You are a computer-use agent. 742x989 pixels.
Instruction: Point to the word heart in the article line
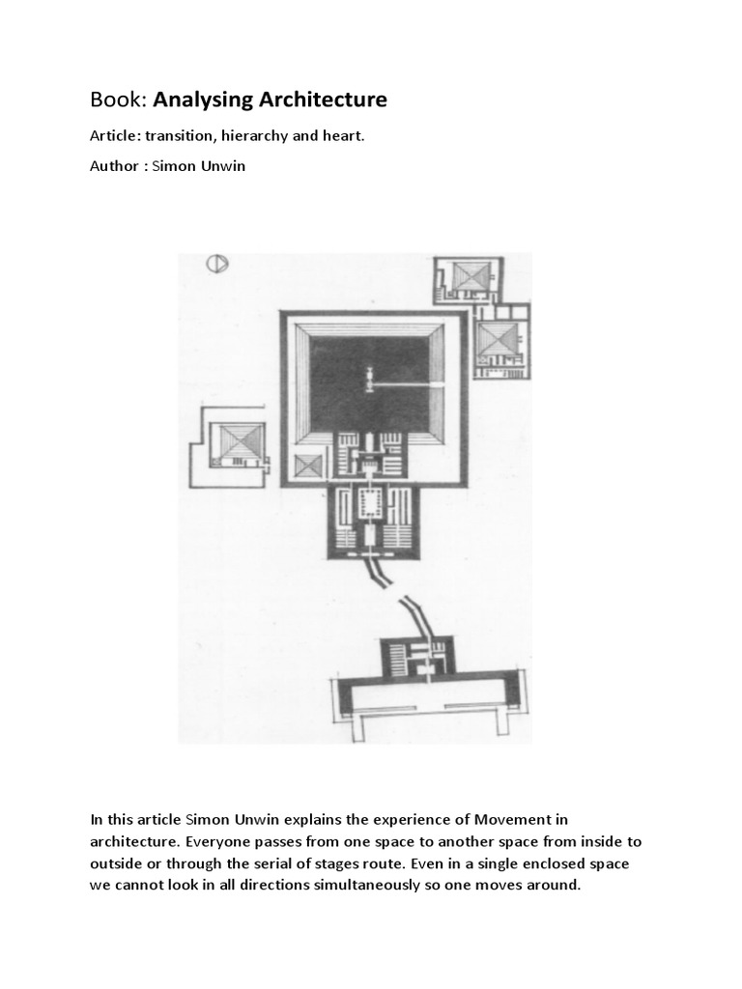click(343, 136)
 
